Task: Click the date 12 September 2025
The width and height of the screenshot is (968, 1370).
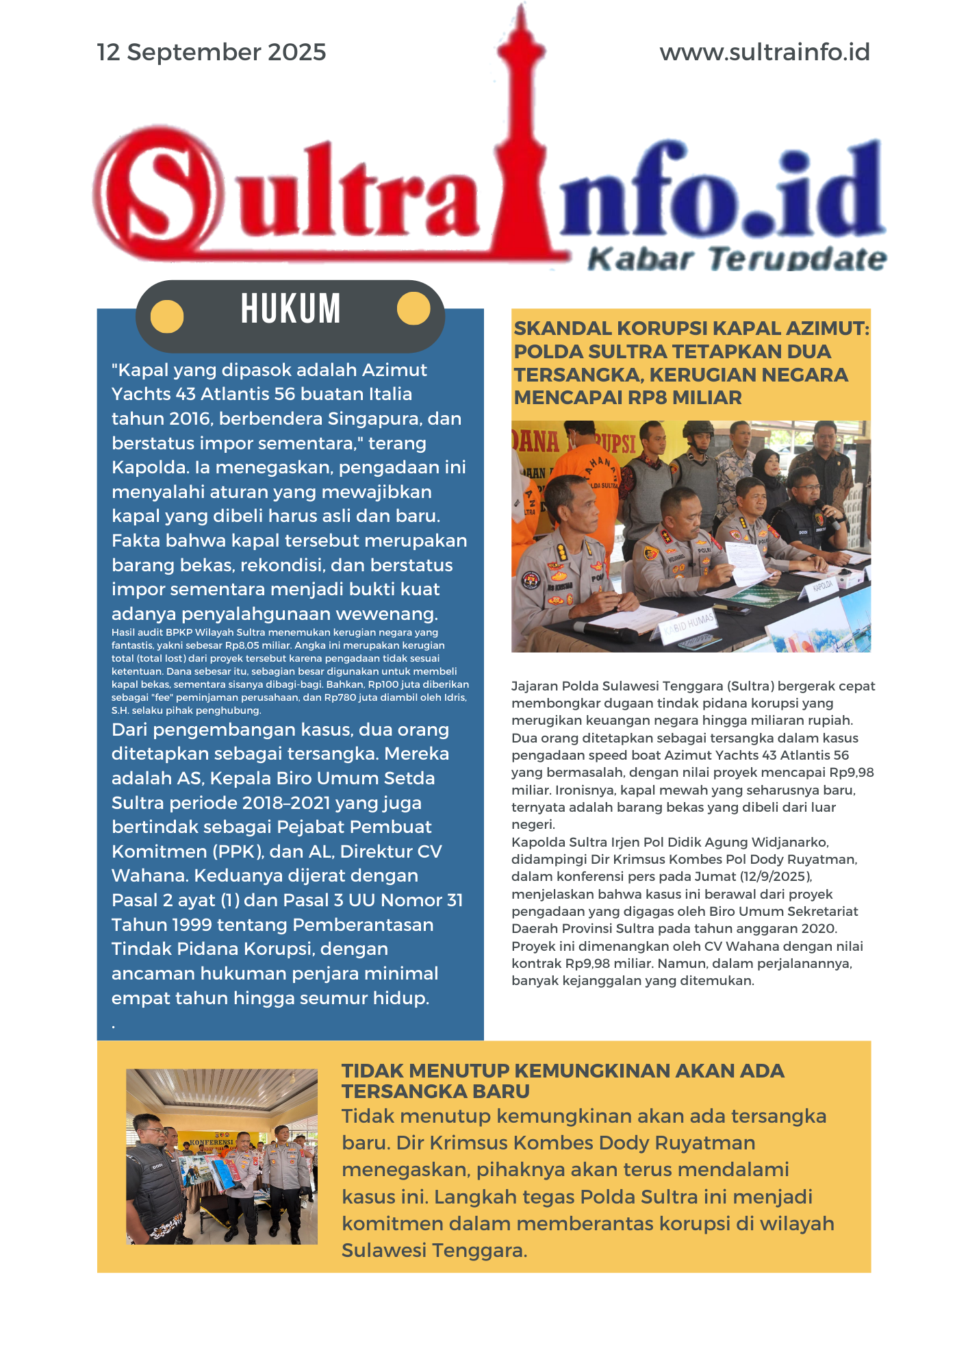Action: [x=211, y=52]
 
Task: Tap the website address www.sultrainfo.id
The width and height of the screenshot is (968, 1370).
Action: [x=764, y=52]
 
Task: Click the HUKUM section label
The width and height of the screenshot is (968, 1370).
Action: [x=290, y=309]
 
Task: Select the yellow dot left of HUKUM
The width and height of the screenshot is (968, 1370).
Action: [x=167, y=316]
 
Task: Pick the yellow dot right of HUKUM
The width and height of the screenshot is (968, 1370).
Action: [x=413, y=308]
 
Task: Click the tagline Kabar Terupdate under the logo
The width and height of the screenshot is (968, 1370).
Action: [x=736, y=259]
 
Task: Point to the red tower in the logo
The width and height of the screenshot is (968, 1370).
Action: [x=522, y=137]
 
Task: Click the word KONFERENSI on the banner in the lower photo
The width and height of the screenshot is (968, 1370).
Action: [x=212, y=1143]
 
